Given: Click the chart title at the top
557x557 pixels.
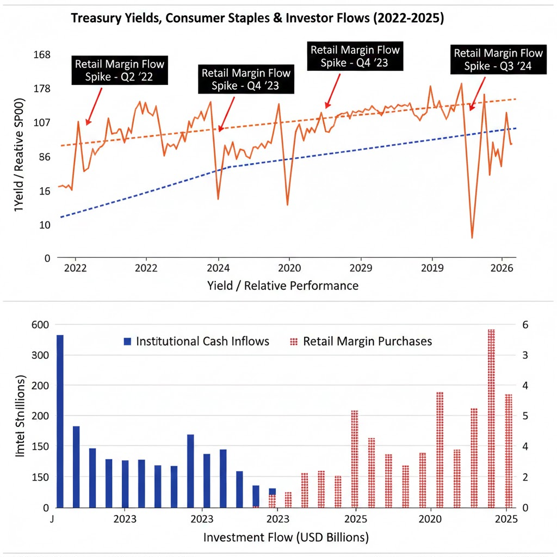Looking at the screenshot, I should click(x=258, y=18).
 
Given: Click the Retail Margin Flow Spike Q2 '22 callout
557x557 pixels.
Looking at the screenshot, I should click(x=120, y=70).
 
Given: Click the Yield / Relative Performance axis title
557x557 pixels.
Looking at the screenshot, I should click(x=283, y=286).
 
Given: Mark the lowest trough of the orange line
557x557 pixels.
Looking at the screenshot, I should click(x=472, y=237).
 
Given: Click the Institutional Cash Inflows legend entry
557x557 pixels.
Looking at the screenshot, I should click(x=196, y=342).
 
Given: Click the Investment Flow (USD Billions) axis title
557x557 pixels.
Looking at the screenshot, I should click(x=286, y=538).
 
